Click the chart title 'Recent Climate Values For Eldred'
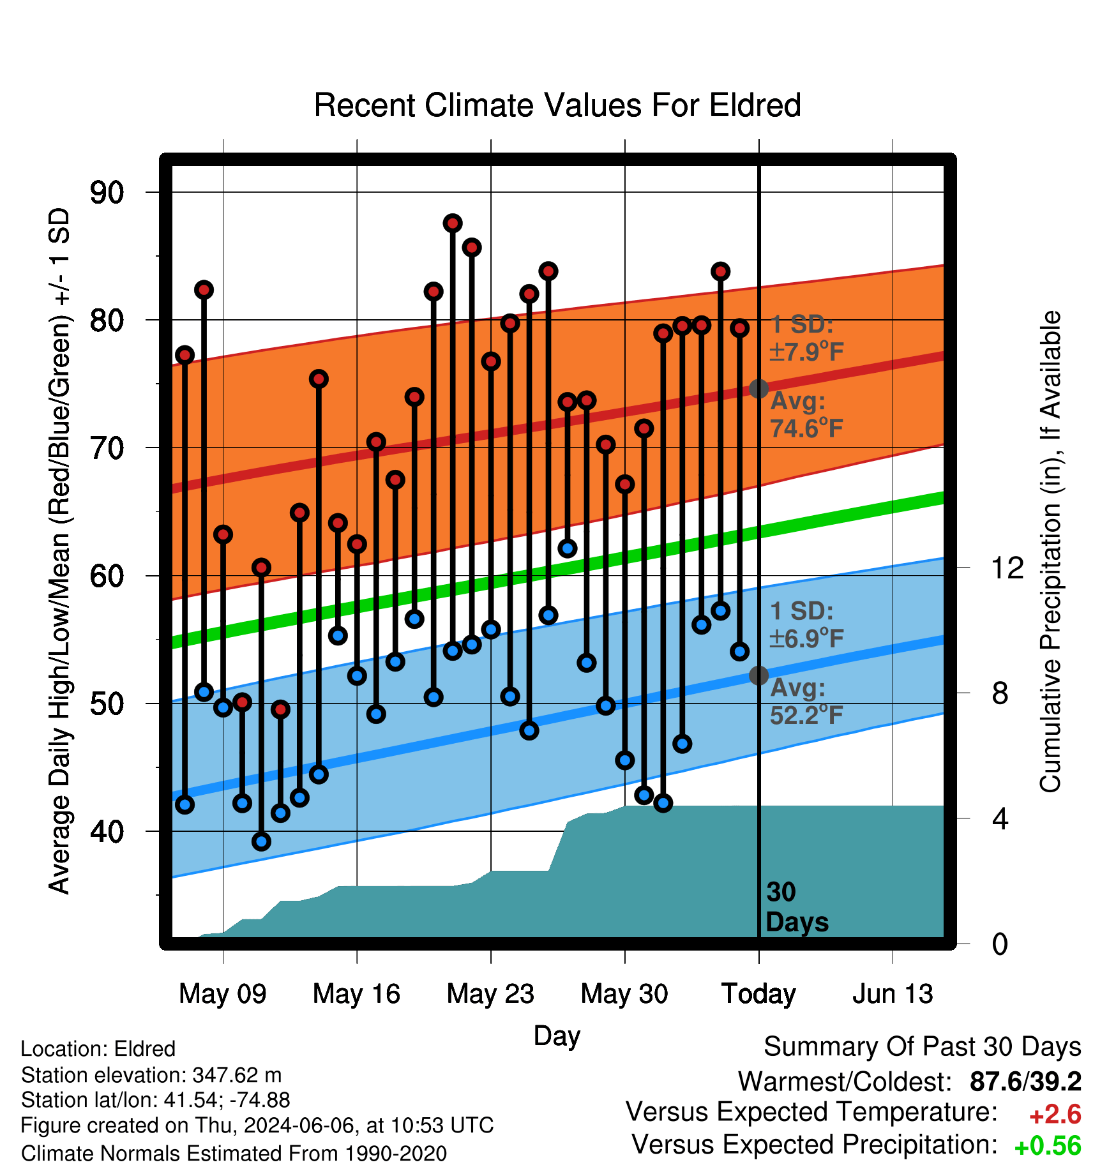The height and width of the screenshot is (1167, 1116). coord(557,105)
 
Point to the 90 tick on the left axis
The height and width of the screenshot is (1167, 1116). coord(107,192)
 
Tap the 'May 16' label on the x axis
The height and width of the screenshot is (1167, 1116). coord(356,993)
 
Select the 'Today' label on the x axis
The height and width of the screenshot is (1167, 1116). coord(758,993)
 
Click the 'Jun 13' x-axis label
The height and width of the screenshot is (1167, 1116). coord(893,993)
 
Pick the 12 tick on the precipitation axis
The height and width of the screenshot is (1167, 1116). coord(1007,567)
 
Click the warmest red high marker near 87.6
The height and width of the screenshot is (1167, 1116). coord(453,223)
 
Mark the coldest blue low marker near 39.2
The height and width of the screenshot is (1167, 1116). coord(261,841)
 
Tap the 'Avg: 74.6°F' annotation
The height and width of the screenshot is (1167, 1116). coord(806,415)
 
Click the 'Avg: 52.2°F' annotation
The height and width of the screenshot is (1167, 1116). coord(806,702)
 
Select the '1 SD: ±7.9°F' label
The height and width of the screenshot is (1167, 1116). coord(806,338)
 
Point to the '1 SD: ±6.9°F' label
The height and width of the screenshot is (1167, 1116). coord(806,624)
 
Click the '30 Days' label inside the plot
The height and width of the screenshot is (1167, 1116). coord(797,907)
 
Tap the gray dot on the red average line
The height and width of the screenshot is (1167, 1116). coord(758,388)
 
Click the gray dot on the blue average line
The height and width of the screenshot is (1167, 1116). coord(758,675)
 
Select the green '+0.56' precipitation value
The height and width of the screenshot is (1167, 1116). coord(1048,1146)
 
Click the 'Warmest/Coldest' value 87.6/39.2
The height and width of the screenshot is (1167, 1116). coord(1025,1081)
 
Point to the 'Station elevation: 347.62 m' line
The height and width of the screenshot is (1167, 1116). coord(151,1075)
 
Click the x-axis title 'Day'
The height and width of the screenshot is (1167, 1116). coord(557,1035)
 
